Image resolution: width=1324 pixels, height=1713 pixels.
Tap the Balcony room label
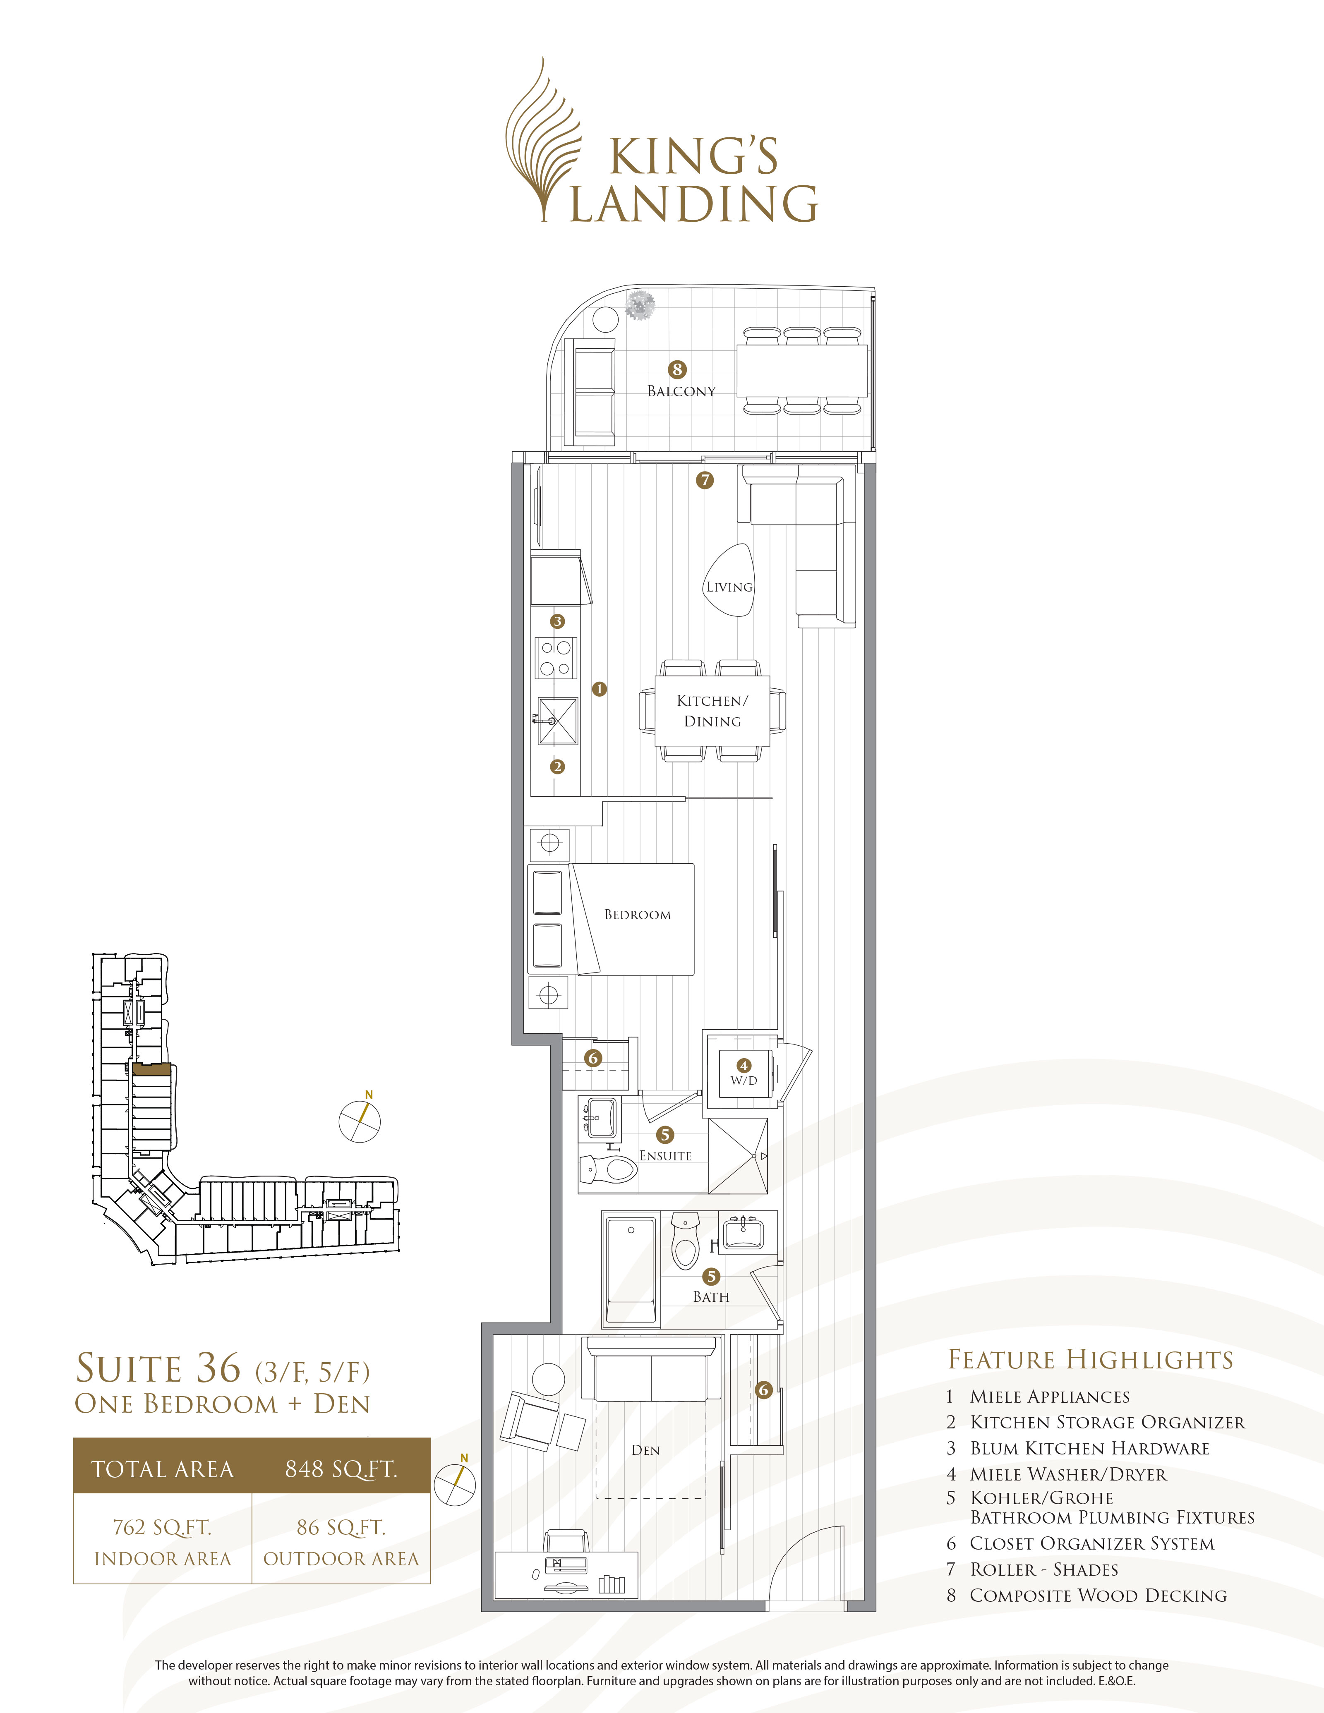click(681, 391)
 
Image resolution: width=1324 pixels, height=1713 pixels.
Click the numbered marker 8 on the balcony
click(677, 369)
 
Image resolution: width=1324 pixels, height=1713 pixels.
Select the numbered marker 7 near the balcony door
click(704, 480)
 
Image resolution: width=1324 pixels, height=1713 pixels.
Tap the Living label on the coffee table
click(729, 587)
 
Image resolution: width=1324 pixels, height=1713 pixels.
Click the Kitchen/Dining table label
click(712, 711)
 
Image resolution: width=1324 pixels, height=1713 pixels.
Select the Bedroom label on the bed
click(637, 915)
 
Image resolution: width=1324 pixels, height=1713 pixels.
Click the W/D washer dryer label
click(744, 1080)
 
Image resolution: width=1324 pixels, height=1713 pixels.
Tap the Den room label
click(645, 1450)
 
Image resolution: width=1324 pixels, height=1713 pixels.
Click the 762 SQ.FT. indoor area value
click(162, 1527)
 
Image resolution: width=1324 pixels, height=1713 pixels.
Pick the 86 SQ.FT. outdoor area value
click(341, 1527)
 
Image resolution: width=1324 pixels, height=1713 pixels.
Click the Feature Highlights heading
click(1090, 1359)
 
